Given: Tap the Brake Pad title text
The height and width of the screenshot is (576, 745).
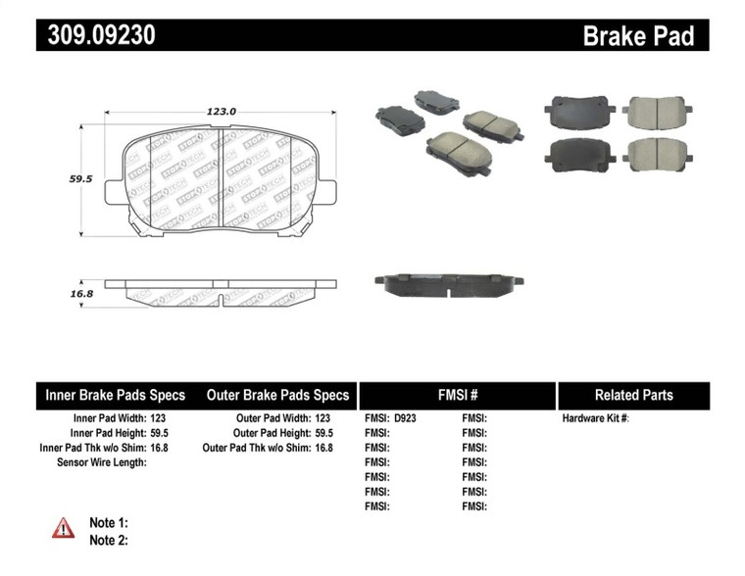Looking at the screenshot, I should pyautogui.click(x=638, y=36).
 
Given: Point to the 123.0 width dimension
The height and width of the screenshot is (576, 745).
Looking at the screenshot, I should pyautogui.click(x=221, y=112).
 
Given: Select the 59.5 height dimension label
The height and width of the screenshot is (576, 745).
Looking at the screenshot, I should pyautogui.click(x=79, y=179).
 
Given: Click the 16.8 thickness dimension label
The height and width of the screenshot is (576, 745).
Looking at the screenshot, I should pyautogui.click(x=79, y=293).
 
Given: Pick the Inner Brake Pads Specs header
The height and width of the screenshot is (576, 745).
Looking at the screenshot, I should pyautogui.click(x=116, y=396).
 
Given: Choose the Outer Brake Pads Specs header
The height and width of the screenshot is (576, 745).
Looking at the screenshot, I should pyautogui.click(x=277, y=396).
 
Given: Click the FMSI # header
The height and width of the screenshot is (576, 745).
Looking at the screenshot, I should pyautogui.click(x=456, y=396).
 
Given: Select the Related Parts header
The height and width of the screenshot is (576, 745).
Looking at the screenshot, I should pyautogui.click(x=633, y=396).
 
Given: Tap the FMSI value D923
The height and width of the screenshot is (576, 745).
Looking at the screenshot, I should pyautogui.click(x=405, y=417).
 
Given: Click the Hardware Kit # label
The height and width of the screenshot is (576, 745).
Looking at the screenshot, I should pyautogui.click(x=595, y=417).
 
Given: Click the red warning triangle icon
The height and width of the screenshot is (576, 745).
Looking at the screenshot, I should pyautogui.click(x=63, y=528).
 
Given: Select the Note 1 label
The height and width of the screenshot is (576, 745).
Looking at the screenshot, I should pyautogui.click(x=109, y=523).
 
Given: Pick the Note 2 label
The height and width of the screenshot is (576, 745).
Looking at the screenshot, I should pyautogui.click(x=109, y=540).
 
